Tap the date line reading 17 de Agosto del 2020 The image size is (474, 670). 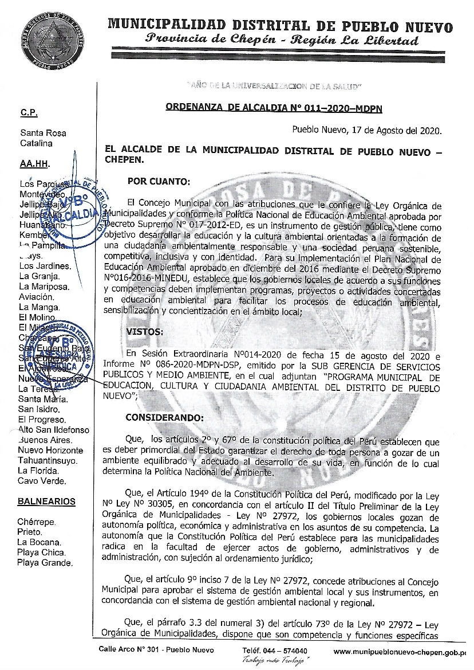coord(366,131)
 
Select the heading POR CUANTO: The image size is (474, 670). coord(158,182)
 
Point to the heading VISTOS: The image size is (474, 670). coord(144,332)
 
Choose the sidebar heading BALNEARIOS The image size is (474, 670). coord(46,501)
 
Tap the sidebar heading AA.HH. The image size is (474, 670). coord(34,163)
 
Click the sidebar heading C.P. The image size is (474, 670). coord(29,113)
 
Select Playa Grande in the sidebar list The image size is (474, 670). coord(45,563)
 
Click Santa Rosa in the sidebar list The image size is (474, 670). coord(42,133)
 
